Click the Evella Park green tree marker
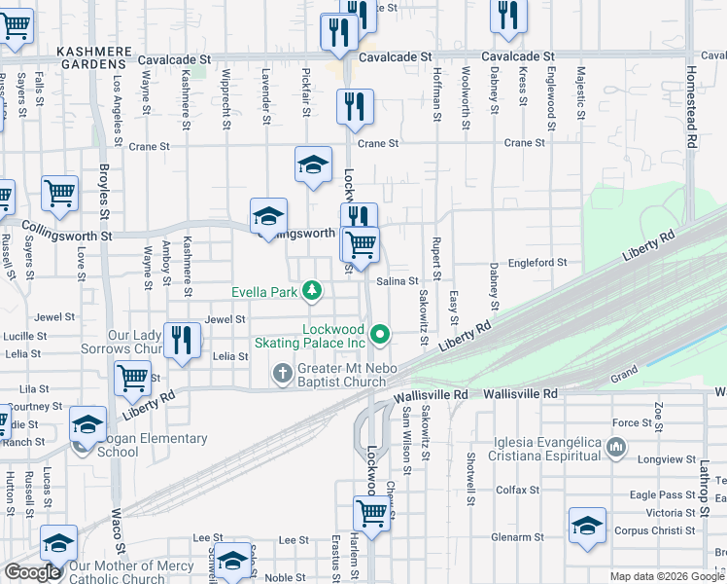coord(311,290)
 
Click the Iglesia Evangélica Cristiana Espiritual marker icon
coord(614,447)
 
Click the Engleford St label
coord(537,263)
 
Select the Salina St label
coord(398,281)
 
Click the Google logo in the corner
coord(32,572)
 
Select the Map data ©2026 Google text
coord(666,576)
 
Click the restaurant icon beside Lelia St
coord(182,340)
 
